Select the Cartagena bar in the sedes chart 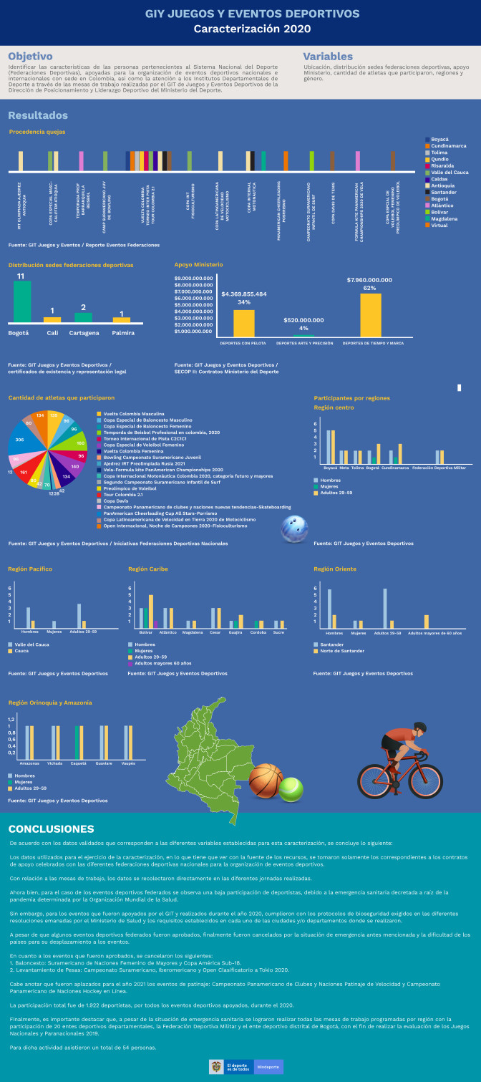84,317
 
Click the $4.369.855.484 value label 243,294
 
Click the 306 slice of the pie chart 21,440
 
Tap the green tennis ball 291,790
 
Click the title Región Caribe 148,569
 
